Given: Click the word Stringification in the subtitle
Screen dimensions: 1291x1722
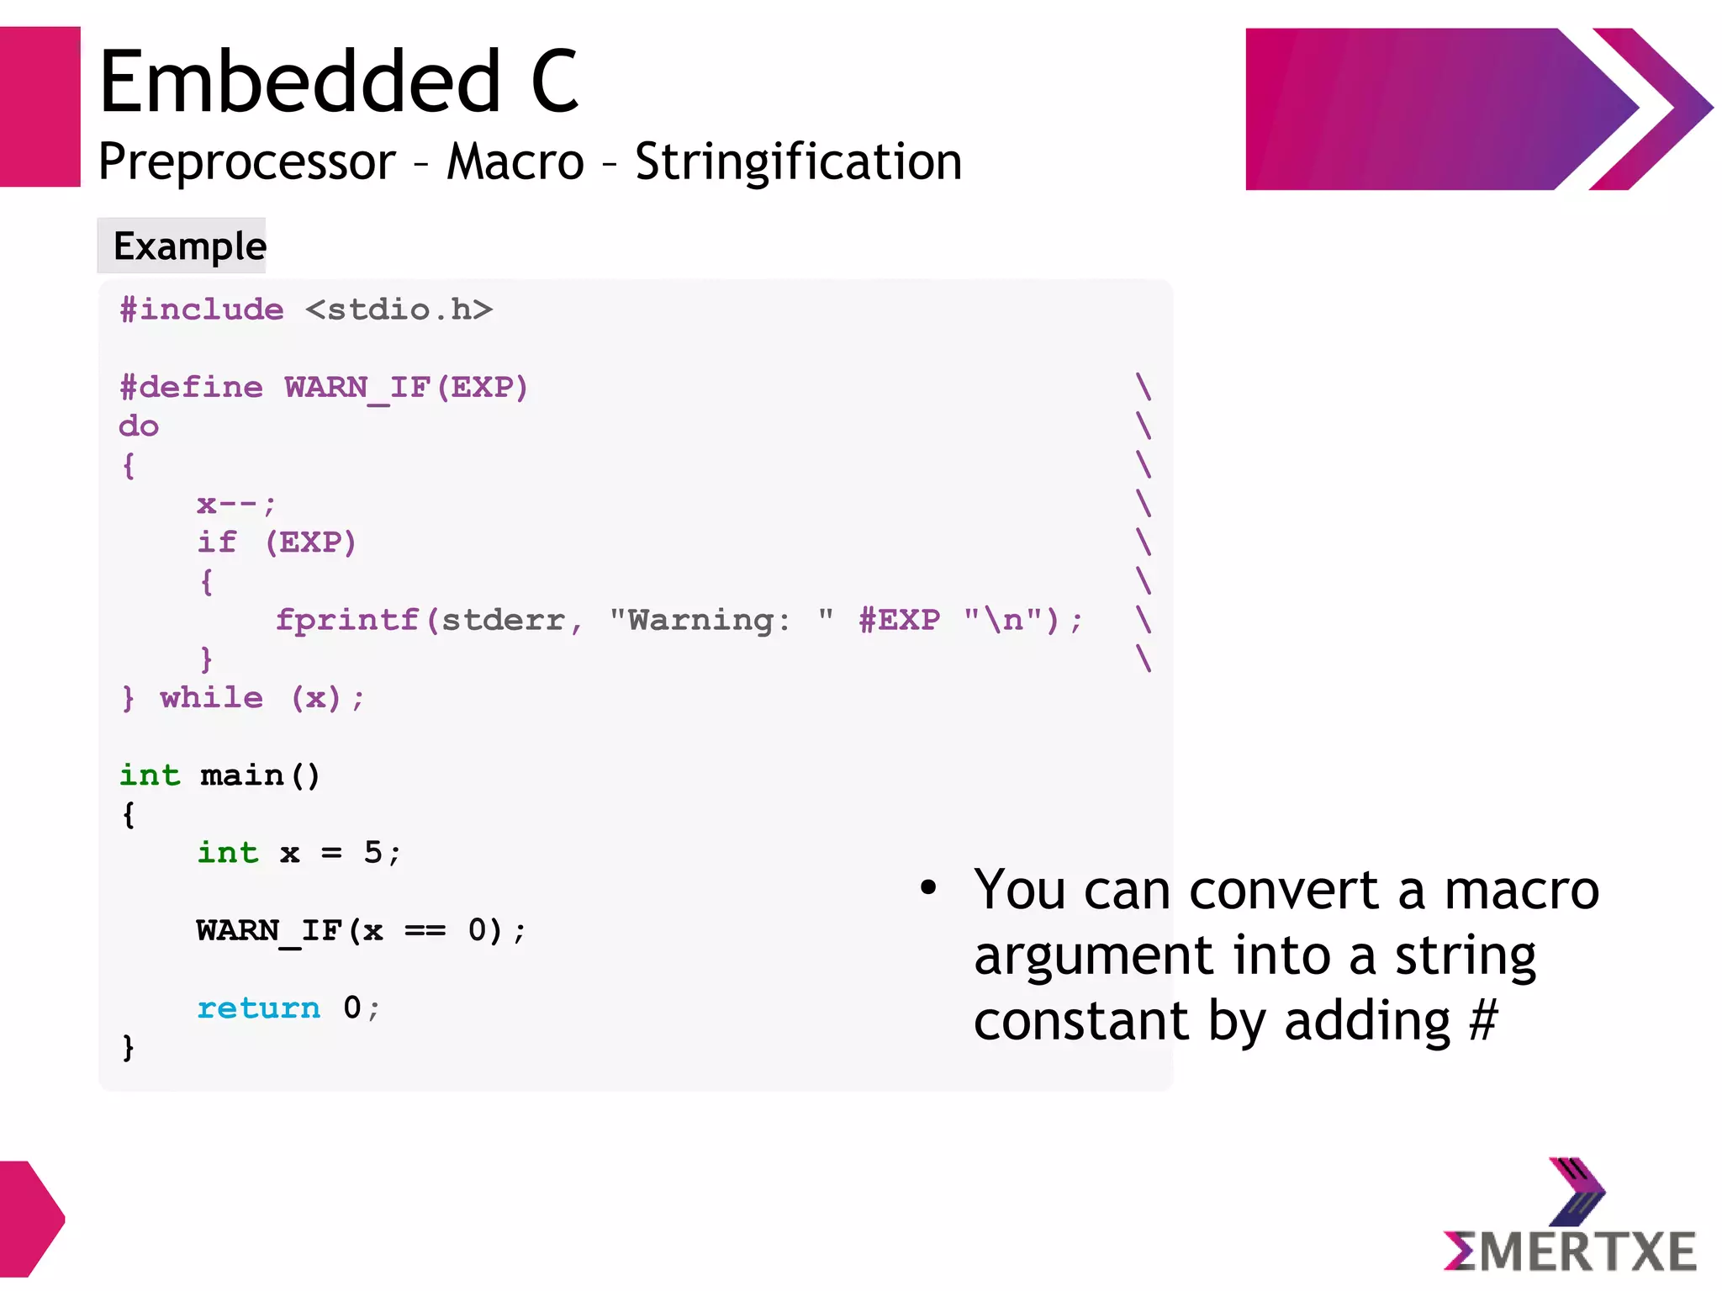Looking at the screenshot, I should point(797,162).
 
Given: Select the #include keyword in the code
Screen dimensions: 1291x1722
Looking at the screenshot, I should point(202,310).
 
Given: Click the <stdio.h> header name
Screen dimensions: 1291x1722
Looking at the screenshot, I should point(399,310).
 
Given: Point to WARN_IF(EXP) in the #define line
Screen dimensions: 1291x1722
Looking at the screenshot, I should point(406,387).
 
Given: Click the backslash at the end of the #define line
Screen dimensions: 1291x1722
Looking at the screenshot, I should point(1143,387).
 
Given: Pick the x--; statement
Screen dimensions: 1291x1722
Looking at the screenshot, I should point(235,504).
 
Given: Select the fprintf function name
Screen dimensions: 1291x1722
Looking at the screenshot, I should point(347,620).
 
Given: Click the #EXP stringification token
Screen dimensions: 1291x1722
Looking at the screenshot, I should point(899,620).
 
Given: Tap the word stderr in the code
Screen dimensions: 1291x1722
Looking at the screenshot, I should point(502,620).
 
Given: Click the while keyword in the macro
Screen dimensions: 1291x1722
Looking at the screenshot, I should point(211,697).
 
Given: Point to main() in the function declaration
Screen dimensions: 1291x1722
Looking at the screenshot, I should point(260,775).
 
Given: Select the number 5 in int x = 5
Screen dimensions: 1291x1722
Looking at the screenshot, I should point(372,852).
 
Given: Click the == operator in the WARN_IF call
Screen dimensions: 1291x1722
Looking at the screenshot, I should point(425,930).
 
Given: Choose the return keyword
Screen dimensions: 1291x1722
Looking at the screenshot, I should point(258,1008).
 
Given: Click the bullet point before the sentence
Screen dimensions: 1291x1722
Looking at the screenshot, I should point(927,887).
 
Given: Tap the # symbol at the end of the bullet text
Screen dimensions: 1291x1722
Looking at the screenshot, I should point(1483,1020).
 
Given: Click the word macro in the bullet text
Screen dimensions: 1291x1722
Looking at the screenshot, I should point(1520,890).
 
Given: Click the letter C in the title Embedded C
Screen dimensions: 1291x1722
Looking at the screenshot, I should point(555,82).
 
